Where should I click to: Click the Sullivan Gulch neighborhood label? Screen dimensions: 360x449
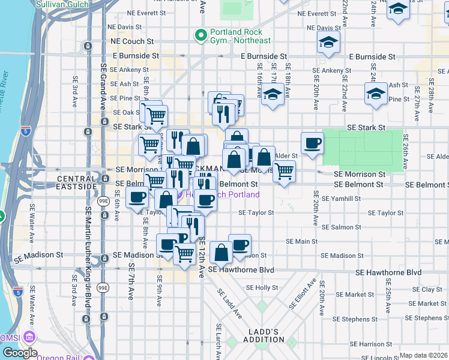(x=62, y=4)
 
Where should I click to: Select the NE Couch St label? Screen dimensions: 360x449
(x=132, y=42)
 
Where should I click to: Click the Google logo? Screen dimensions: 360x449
(x=20, y=353)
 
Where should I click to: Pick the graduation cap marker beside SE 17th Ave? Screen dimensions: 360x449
(x=273, y=94)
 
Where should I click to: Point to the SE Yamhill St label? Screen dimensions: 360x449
(x=341, y=198)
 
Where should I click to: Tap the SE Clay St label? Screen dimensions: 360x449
(x=431, y=289)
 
